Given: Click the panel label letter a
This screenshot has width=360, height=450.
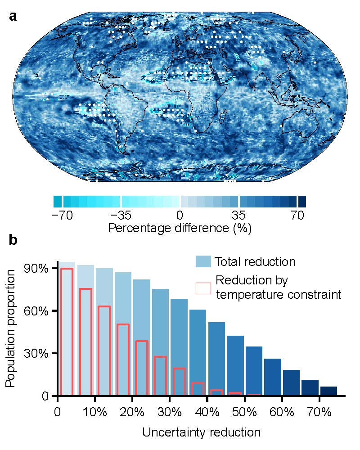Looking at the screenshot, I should (x=13, y=17).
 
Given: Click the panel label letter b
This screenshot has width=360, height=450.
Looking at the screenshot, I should (x=13, y=241).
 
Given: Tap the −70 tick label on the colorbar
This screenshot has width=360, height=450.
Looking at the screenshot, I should (x=63, y=215).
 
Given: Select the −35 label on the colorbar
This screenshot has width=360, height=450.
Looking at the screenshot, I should (x=121, y=215).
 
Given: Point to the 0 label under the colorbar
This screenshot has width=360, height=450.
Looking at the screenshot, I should (x=180, y=215).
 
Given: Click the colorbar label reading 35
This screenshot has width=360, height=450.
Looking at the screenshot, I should (x=239, y=215).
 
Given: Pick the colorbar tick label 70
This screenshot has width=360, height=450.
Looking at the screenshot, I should (x=297, y=215).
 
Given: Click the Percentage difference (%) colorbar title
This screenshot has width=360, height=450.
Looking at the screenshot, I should (x=180, y=228).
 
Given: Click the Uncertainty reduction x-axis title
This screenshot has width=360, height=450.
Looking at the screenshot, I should (x=201, y=433).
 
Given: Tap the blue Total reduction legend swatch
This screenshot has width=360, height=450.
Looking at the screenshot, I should (x=203, y=261).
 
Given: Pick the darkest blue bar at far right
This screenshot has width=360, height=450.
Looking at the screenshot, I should (x=328, y=391).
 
